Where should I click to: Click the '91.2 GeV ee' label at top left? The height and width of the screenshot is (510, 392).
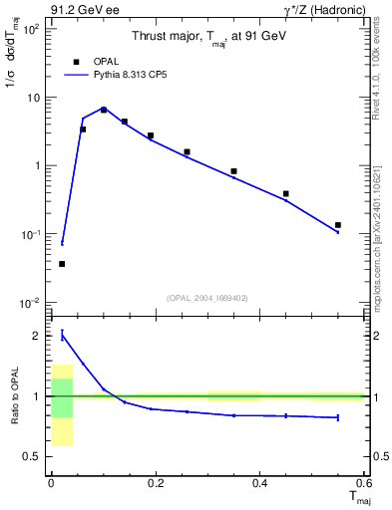coord(76,10)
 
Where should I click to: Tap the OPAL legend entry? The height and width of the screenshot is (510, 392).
coord(98,61)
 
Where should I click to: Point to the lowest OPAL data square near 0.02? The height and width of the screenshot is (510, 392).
coord(62,264)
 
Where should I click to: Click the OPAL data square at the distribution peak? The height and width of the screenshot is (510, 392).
coord(104,110)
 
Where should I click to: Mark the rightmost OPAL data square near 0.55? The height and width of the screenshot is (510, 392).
coord(338,225)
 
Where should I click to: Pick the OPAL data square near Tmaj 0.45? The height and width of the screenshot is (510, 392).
coord(286,193)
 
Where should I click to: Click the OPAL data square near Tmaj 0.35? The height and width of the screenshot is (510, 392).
coord(233,171)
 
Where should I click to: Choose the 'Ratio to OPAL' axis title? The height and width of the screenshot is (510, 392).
coord(14,397)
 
